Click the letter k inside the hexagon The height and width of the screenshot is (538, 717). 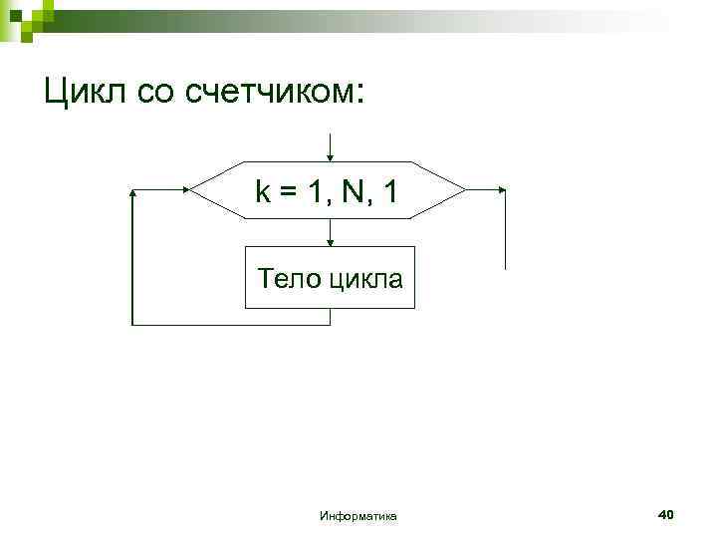pyautogui.click(x=262, y=190)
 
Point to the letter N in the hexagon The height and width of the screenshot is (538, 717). pyautogui.click(x=353, y=190)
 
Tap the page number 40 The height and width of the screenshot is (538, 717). pyautogui.click(x=666, y=514)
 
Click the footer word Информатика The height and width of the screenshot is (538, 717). pyautogui.click(x=358, y=515)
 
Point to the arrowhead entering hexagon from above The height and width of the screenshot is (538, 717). pyautogui.click(x=330, y=156)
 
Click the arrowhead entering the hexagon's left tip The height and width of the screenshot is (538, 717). pyautogui.click(x=185, y=189)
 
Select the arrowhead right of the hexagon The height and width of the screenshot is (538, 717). pyautogui.click(x=503, y=189)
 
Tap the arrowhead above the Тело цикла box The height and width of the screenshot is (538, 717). pyautogui.click(x=330, y=240)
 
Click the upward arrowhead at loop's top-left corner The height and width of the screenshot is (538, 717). pyautogui.click(x=131, y=192)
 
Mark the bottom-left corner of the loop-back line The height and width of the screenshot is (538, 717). pyautogui.click(x=131, y=324)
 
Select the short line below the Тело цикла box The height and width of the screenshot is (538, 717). pyautogui.click(x=330, y=317)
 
